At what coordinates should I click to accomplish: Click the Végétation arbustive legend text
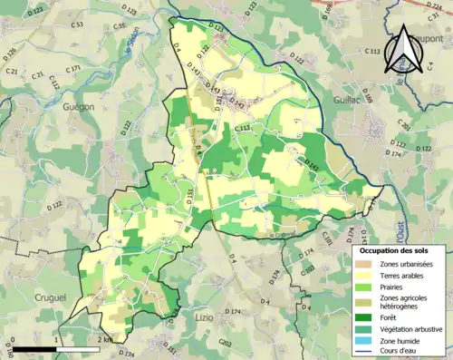click(x=416, y=330)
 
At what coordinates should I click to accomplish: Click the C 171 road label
click(x=72, y=68)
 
